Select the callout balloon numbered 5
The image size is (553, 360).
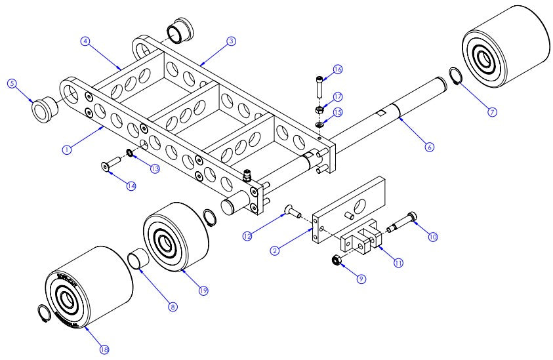pos(11,83)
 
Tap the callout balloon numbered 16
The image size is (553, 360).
pos(338,69)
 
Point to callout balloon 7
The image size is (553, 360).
pos(492,111)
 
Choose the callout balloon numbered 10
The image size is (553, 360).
pos(432,237)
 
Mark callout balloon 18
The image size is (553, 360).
pos(104,350)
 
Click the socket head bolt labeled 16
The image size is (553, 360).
pos(318,85)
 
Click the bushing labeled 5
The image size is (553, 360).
pos(43,109)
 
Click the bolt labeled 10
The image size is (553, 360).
pos(401,223)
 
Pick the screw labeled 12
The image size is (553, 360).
pos(291,211)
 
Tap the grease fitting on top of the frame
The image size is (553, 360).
pos(248,176)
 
